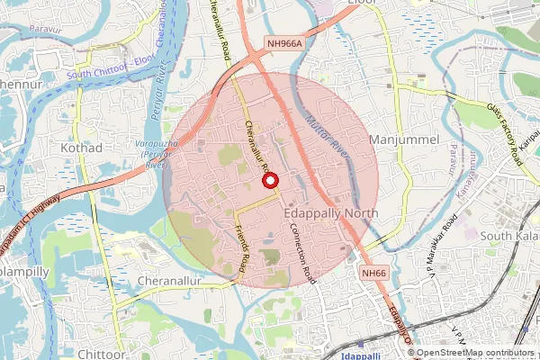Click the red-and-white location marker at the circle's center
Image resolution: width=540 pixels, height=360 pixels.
pos(268,181)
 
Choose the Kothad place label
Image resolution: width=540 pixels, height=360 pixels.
pos(82,147)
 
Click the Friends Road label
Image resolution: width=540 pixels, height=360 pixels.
pos(242,249)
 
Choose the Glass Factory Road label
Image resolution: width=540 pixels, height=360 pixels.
pos(505,132)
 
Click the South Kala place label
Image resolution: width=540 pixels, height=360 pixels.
pos(508,236)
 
